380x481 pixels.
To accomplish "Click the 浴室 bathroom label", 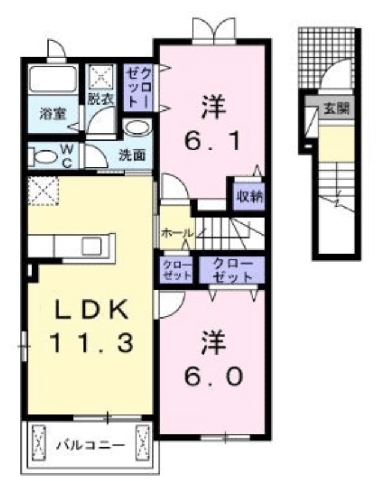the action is pos(53,114).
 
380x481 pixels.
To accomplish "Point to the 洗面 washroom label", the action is pos(132,155).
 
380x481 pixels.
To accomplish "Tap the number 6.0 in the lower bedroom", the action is pos(214,377).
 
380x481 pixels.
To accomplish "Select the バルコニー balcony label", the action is pos(91,444).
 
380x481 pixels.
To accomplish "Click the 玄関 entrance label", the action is pos(337,109).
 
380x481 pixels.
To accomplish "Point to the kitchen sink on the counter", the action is pos(91,246).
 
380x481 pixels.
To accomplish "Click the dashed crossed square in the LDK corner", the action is pos(43,191).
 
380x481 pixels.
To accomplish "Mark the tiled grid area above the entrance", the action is pos(327,58).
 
